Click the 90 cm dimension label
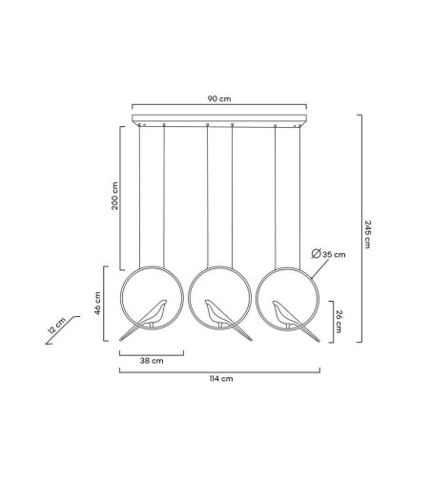coord(219,98)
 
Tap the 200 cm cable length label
coord(114,196)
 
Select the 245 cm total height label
coord(367,235)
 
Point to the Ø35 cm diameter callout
coord(328,254)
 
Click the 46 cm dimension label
coord(97,304)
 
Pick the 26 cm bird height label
coord(339,322)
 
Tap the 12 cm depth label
coord(56,326)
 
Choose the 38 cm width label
coord(152,361)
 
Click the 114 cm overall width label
coord(221,379)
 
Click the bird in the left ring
coord(143,320)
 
